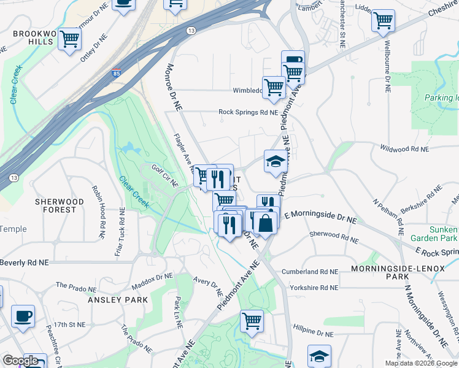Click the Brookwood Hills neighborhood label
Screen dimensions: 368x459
coord(30,38)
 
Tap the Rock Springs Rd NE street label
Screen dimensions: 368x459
coord(249,112)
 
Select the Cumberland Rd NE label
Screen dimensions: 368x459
coord(309,271)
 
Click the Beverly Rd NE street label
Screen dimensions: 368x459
coord(24,263)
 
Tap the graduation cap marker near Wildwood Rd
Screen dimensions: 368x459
coord(276,161)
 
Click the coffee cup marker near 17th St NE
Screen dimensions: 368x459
coord(23,316)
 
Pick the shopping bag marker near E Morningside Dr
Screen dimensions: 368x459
coord(266,223)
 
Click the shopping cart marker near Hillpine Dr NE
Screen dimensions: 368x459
coord(252,321)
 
